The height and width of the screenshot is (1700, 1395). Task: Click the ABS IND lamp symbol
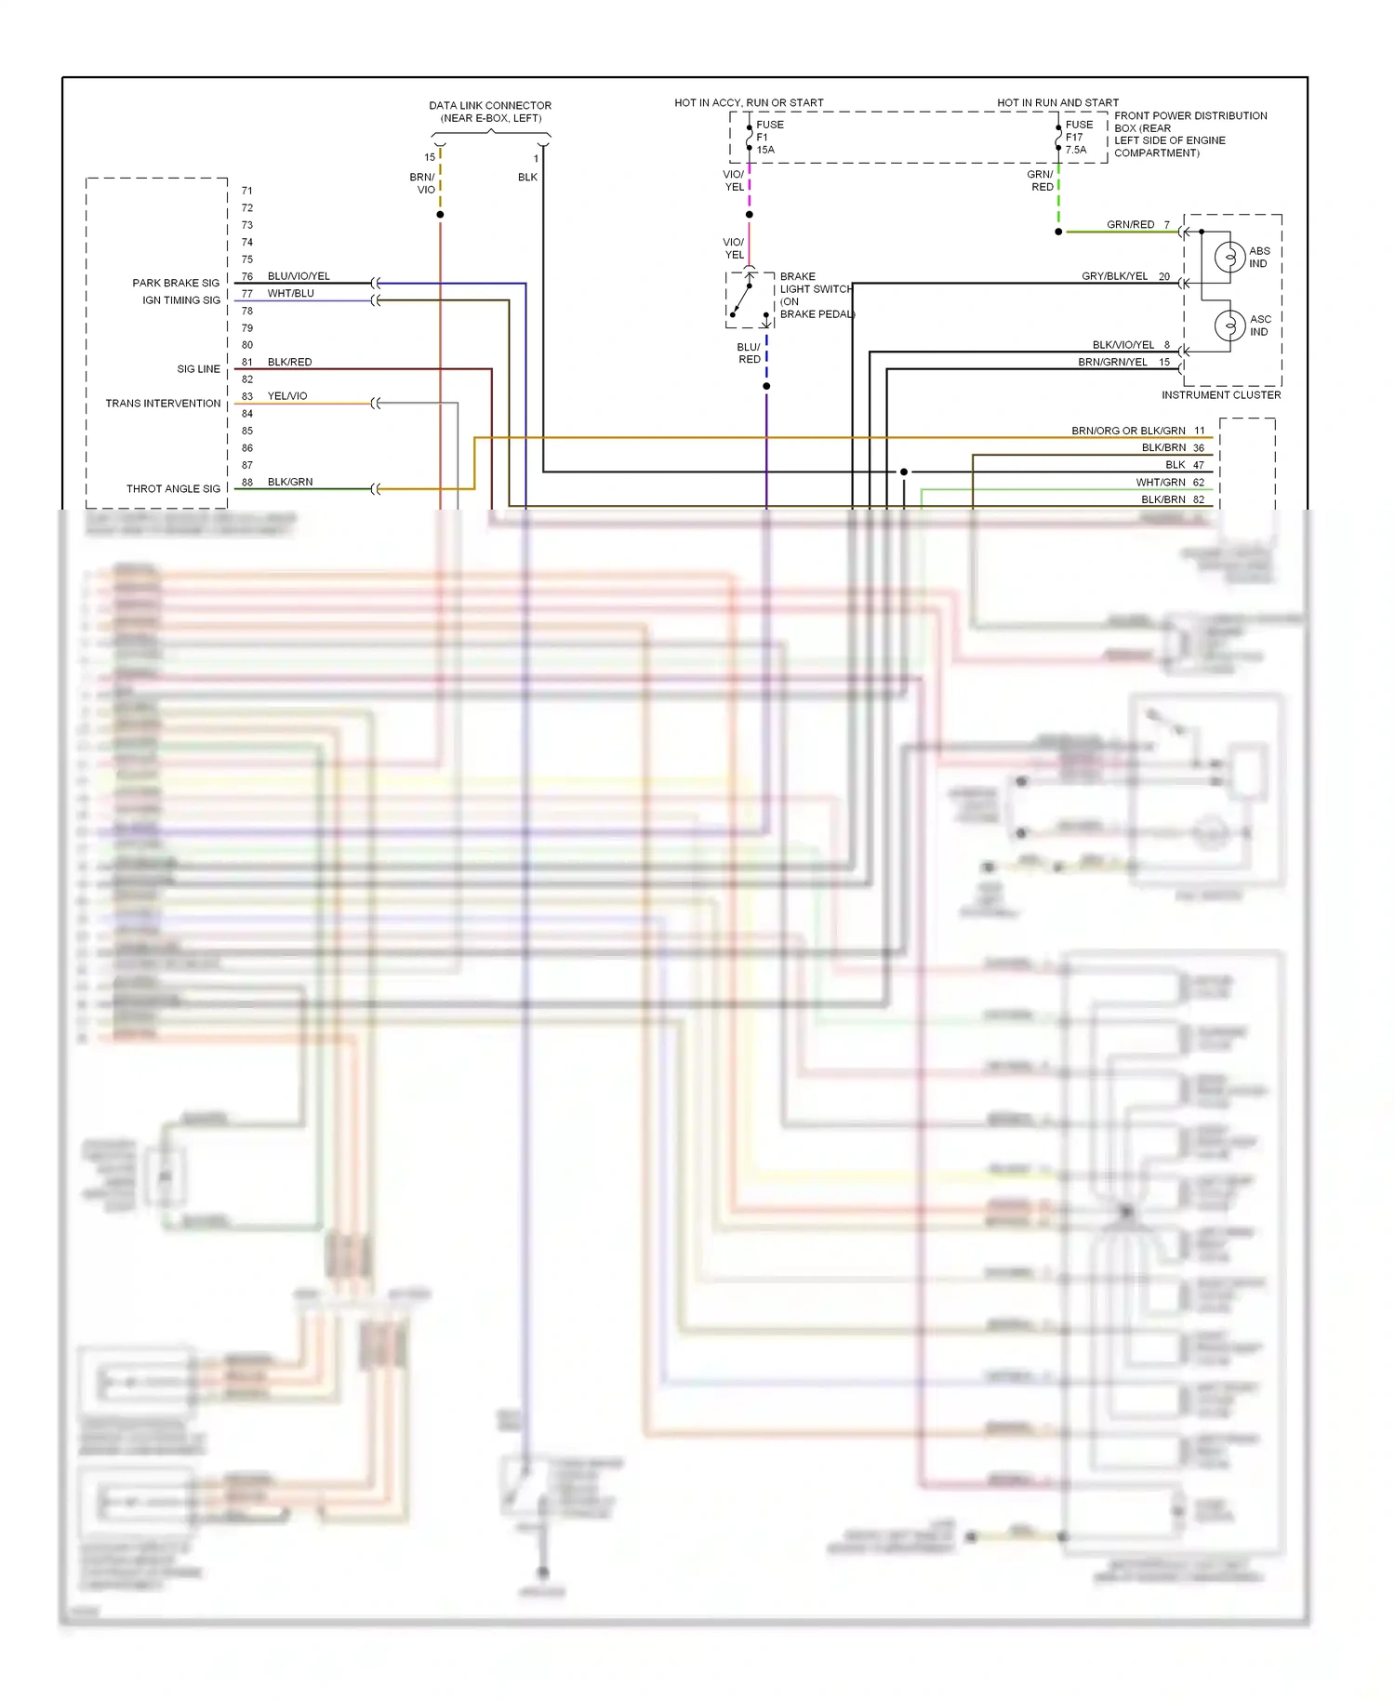pos(1229,257)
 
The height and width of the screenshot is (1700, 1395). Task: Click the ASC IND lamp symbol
pos(1229,325)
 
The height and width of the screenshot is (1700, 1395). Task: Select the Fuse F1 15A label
pos(769,137)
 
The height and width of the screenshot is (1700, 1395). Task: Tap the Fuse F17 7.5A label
pos(1079,137)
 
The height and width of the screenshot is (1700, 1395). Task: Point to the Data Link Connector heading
pos(490,112)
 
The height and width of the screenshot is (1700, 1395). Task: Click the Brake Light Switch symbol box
pos(750,299)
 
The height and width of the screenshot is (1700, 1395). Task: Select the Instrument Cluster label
pos(1220,395)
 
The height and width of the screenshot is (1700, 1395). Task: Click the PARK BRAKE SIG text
pos(176,283)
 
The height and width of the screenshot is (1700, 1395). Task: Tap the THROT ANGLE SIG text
pos(173,488)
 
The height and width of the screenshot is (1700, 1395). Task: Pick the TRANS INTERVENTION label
pos(163,404)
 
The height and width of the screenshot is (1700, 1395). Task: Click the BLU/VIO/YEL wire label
pos(299,276)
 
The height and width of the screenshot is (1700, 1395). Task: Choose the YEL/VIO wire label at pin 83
pos(287,396)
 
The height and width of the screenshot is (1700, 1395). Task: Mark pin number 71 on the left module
pos(247,191)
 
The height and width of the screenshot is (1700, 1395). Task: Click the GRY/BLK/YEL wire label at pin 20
pos(1114,276)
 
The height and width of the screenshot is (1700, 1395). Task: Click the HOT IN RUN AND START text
pos(1057,102)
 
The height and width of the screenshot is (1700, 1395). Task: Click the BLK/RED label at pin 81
pos(289,362)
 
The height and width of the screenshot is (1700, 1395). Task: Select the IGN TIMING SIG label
pos(181,300)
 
